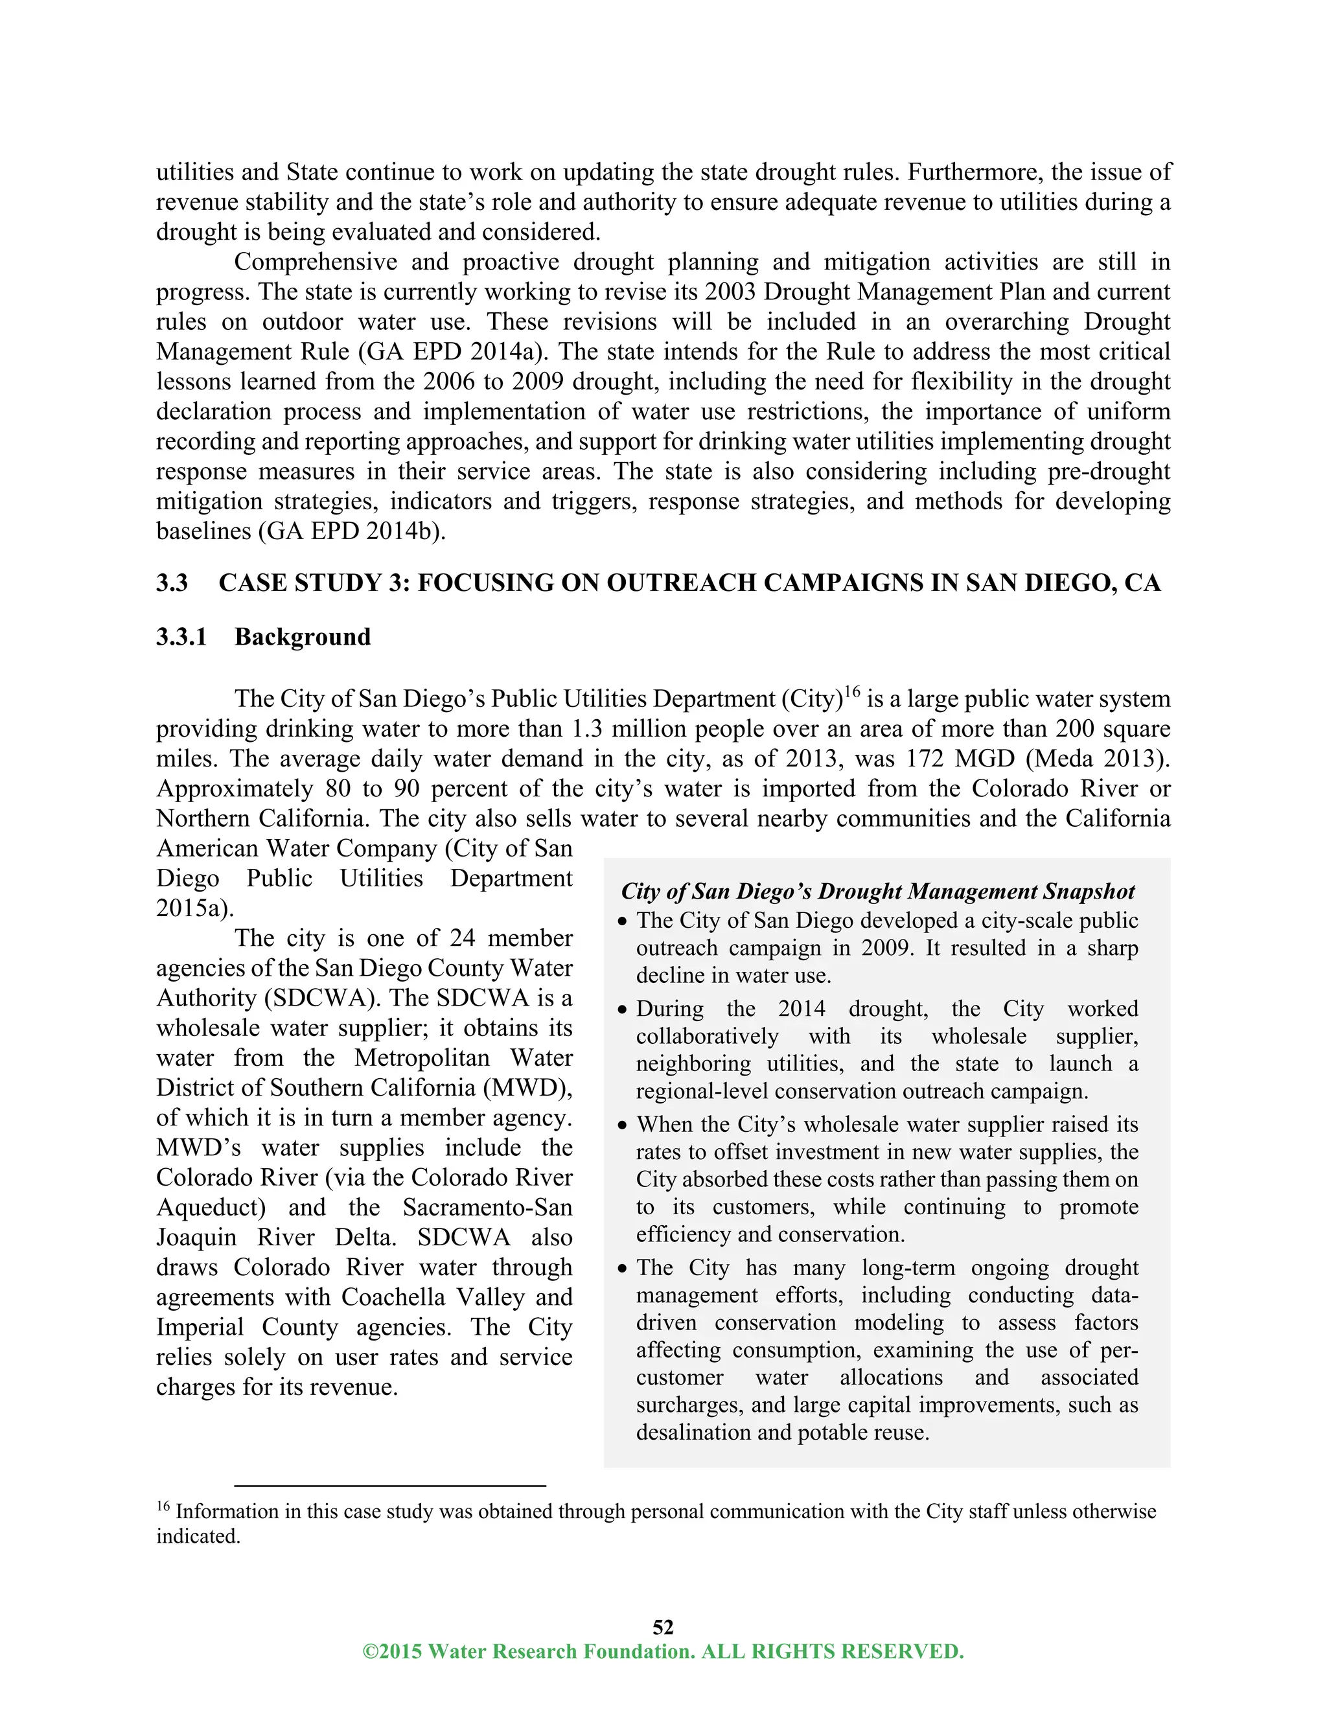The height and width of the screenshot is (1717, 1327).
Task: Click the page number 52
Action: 663,1626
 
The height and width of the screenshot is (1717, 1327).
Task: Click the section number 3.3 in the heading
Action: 171,582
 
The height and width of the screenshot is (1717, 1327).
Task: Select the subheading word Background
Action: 303,637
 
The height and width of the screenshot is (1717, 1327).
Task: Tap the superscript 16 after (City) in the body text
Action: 852,693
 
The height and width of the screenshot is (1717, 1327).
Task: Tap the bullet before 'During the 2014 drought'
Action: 623,1010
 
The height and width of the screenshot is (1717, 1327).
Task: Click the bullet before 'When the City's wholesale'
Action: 623,1126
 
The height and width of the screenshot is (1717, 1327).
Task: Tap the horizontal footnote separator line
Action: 390,1486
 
